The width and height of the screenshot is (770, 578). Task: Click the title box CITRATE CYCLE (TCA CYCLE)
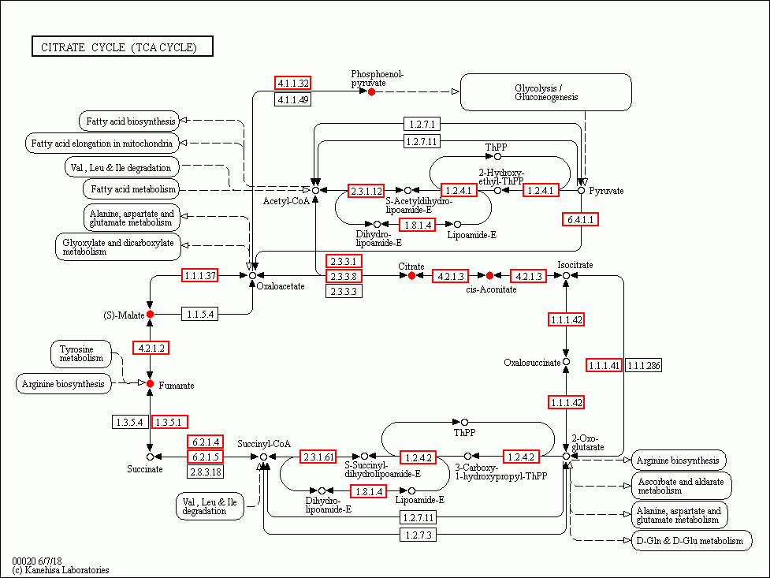click(122, 47)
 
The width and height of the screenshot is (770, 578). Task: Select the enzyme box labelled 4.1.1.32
click(292, 83)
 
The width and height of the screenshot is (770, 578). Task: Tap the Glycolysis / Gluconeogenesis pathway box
click(545, 92)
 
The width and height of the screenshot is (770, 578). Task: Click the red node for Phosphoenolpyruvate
click(371, 92)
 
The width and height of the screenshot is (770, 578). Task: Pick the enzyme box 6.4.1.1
click(582, 219)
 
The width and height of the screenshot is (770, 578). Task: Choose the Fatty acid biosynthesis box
click(128, 121)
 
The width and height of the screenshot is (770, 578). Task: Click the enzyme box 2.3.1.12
click(366, 191)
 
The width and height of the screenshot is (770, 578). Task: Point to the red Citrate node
click(411, 275)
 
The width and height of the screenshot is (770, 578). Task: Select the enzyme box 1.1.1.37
click(200, 275)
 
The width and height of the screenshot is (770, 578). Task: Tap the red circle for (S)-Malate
click(150, 315)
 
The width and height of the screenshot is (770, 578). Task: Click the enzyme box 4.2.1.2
click(150, 348)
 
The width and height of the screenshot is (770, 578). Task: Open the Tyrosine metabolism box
click(81, 354)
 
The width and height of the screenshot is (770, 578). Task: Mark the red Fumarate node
click(150, 383)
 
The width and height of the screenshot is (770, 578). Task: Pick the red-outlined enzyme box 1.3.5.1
click(169, 422)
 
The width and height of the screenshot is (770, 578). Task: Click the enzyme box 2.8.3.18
click(205, 472)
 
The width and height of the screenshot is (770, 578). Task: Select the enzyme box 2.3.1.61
click(318, 457)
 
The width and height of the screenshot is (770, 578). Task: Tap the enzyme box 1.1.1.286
click(644, 365)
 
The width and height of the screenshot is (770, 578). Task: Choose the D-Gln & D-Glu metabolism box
click(690, 541)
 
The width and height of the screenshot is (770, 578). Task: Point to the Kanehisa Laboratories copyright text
click(61, 569)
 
